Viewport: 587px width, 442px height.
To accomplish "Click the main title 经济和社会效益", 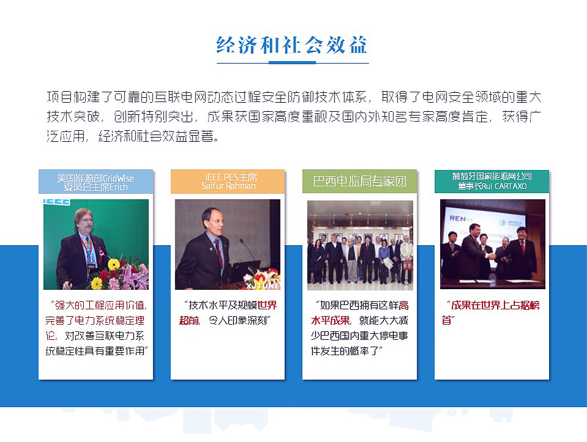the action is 292,45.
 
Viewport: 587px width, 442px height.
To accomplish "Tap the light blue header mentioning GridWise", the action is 96,182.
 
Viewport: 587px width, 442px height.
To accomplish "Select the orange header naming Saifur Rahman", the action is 227,182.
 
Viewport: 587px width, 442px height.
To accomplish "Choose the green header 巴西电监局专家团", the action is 360,182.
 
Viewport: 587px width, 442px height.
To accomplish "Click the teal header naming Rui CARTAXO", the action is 492,182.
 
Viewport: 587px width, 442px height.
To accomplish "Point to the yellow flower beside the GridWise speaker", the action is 114,264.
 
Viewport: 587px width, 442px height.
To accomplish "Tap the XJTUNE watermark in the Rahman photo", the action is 263,286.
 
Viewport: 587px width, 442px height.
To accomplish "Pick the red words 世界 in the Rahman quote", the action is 267,306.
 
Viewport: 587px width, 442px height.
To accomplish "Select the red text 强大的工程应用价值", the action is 100,306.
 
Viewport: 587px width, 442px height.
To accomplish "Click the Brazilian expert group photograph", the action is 360,245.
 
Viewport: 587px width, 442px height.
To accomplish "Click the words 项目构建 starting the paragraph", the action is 74,97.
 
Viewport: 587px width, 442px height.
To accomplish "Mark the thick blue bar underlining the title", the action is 292,62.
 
